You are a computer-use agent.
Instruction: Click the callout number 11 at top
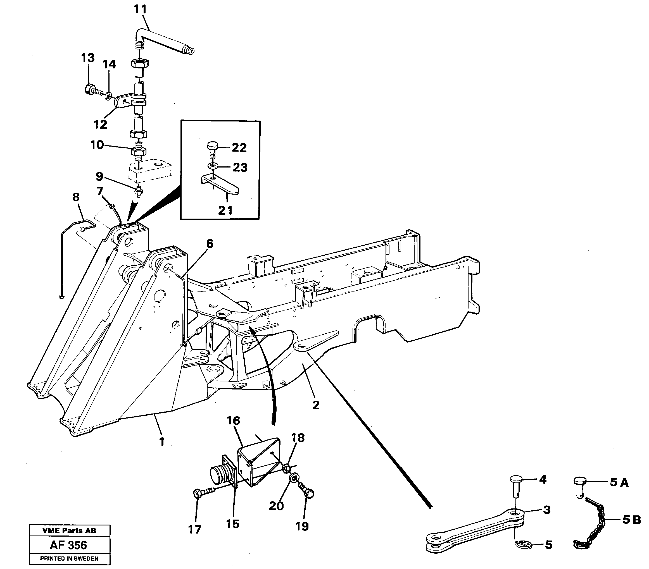pyautogui.click(x=140, y=9)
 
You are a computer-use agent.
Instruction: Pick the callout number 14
pyautogui.click(x=109, y=64)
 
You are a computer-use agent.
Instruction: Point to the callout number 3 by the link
pyautogui.click(x=546, y=510)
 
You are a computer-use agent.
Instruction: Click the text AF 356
pyautogui.click(x=68, y=545)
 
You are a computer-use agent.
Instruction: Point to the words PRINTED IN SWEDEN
pyautogui.click(x=69, y=559)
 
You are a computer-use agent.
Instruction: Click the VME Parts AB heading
pyautogui.click(x=69, y=530)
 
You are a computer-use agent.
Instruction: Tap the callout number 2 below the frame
pyautogui.click(x=316, y=405)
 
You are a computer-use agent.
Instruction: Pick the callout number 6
pyautogui.click(x=210, y=244)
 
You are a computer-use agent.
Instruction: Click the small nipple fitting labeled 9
pyautogui.click(x=139, y=191)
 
